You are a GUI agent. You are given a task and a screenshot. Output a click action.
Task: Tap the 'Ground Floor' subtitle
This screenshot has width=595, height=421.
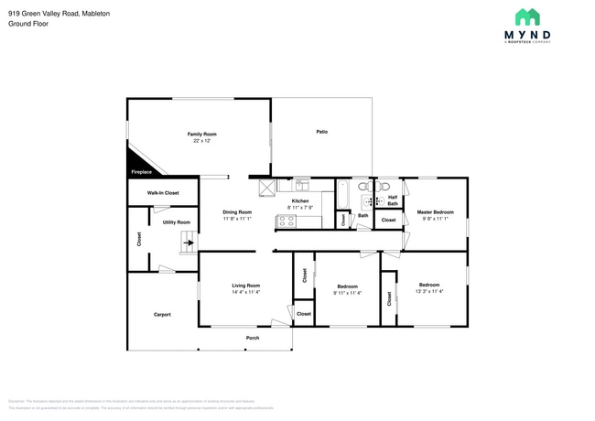tap(27, 24)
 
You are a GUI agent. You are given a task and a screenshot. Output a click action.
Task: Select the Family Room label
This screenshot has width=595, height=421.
tap(201, 135)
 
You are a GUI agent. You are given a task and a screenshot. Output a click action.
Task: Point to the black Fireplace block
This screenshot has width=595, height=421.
tap(141, 170)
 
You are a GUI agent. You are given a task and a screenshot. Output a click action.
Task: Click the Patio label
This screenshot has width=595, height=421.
tap(322, 132)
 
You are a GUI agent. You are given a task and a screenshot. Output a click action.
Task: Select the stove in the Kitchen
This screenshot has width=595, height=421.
tap(287, 221)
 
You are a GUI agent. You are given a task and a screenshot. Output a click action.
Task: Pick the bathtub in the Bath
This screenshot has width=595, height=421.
tap(344, 194)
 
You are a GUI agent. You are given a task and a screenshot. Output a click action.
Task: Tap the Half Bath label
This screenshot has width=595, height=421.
tap(392, 200)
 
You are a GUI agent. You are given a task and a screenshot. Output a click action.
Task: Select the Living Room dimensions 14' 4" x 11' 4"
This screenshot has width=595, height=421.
tap(245, 292)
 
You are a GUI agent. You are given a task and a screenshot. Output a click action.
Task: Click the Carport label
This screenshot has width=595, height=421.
tap(162, 315)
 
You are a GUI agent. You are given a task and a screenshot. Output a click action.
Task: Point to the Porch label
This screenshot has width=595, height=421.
tap(253, 339)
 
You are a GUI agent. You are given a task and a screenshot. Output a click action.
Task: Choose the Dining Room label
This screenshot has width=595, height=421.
tap(237, 212)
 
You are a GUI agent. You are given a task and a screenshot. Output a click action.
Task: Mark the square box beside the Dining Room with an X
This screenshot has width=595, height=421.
tap(266, 188)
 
